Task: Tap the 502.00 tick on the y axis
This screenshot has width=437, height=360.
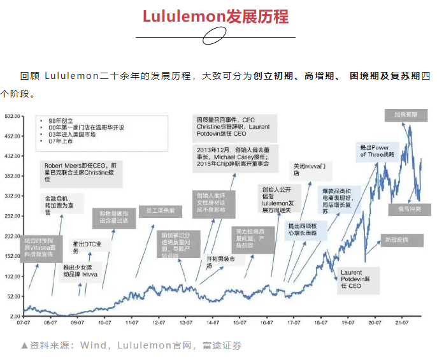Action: [13, 117]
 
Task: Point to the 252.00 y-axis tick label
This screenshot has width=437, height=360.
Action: [13, 216]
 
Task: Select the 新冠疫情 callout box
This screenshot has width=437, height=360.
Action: [395, 240]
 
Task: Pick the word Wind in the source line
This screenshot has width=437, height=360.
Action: [92, 346]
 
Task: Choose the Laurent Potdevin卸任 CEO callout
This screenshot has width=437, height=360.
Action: [351, 279]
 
